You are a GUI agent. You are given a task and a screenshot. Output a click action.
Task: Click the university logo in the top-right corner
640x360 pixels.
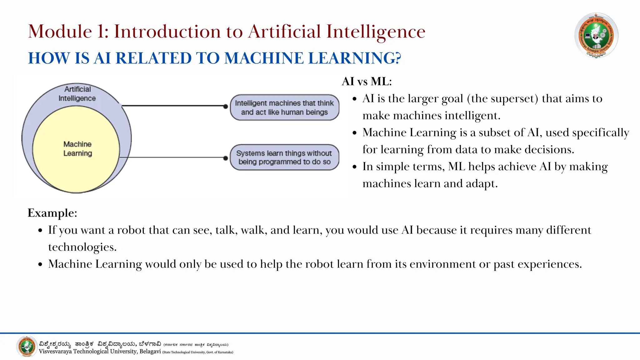(596, 35)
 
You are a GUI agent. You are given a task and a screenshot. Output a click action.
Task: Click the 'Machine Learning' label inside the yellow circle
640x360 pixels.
(77, 149)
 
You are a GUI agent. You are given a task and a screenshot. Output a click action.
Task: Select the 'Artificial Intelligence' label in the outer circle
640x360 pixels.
(77, 94)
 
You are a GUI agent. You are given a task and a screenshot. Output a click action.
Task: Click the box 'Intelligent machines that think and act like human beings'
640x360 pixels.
(284, 107)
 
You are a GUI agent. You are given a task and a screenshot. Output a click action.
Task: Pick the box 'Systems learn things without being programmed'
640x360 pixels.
(284, 157)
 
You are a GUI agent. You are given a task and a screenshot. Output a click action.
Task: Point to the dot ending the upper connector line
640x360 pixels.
(226, 107)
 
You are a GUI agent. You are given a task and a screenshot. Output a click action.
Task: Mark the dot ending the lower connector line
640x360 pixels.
(226, 158)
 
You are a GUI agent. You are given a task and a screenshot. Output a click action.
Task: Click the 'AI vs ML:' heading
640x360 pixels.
(367, 82)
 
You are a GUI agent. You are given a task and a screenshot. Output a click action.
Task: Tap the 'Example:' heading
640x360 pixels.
(52, 213)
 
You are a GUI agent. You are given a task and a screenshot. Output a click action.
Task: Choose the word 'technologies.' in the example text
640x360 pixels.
(82, 247)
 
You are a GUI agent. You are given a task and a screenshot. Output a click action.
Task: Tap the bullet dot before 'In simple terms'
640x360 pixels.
(354, 167)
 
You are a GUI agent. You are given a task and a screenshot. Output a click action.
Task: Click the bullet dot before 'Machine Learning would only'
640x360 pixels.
(40, 265)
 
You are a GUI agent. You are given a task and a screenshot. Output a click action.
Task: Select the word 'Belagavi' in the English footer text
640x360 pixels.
(150, 352)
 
